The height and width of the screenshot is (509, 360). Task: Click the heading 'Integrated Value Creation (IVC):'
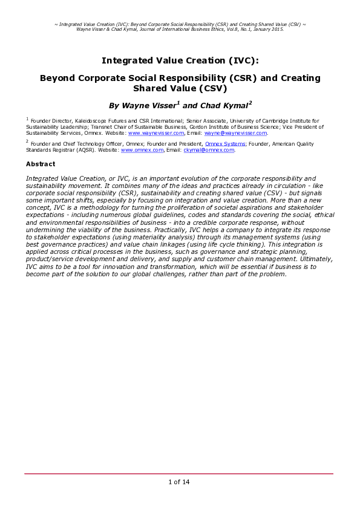click(x=180, y=60)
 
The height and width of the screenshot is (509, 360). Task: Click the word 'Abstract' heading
click(x=41, y=164)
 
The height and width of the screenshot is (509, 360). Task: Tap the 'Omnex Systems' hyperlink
click(x=225, y=144)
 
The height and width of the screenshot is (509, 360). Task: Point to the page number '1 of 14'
click(x=178, y=482)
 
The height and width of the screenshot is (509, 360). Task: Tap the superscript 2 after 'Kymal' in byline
click(x=250, y=102)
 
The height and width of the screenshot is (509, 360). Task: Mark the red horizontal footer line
click(x=178, y=474)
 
